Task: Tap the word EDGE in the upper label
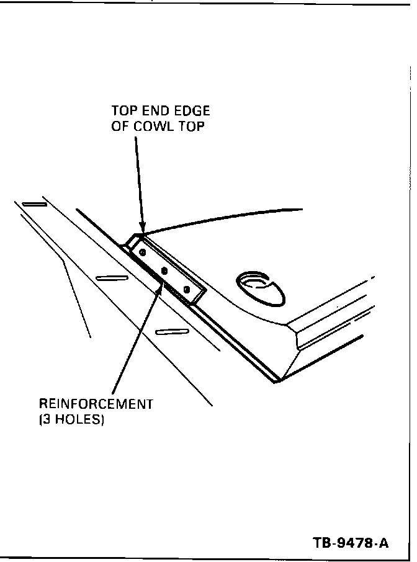pos(192,112)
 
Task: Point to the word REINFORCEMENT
pos(96,404)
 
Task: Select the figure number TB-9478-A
pos(351,544)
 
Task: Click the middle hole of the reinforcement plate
pos(164,270)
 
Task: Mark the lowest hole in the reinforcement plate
pos(187,289)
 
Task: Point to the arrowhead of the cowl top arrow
pos(142,229)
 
